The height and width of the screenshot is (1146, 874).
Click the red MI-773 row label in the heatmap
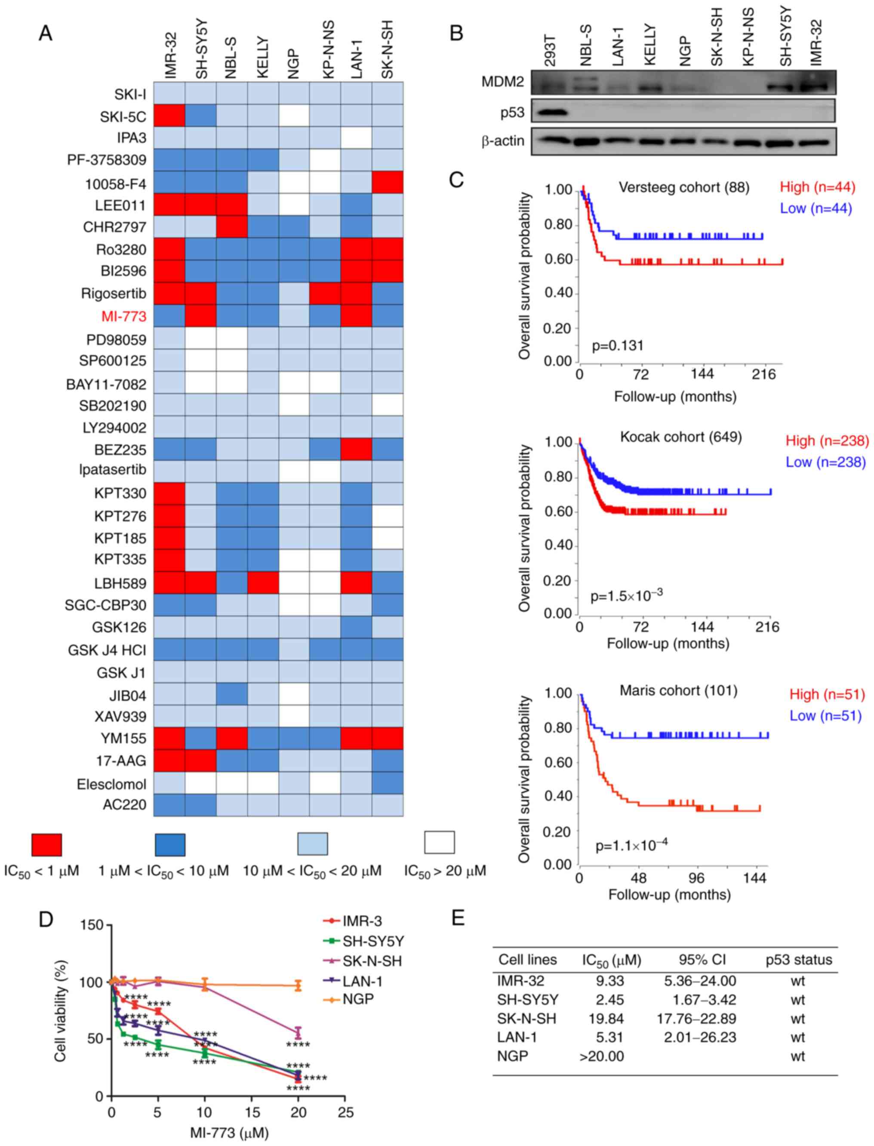[124, 316]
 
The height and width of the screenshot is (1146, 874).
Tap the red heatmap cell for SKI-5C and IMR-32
[169, 116]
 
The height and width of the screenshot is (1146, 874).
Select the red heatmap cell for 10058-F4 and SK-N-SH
[388, 182]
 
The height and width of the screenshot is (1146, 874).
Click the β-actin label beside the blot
[502, 141]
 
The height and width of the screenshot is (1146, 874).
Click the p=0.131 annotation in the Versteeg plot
[618, 345]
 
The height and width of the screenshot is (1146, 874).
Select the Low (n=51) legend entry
[826, 716]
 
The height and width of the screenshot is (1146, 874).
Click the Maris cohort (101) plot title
[678, 690]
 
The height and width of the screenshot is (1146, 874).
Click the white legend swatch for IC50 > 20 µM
[440, 843]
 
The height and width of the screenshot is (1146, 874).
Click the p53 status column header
[799, 960]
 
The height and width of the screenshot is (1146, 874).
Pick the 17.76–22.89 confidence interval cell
[697, 1019]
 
